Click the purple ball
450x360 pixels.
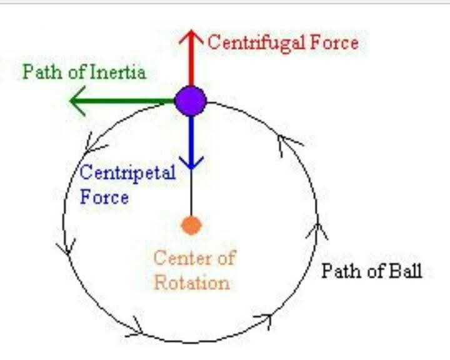(x=191, y=101)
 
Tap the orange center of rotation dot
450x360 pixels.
(x=191, y=226)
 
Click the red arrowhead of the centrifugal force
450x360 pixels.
(x=191, y=36)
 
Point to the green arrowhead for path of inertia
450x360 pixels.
(x=77, y=101)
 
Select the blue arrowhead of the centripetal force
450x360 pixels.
(x=191, y=162)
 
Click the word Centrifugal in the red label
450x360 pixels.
(x=256, y=43)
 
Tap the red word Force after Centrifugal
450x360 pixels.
(x=334, y=43)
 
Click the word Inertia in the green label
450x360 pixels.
(x=118, y=72)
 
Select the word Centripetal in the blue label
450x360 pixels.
(x=127, y=174)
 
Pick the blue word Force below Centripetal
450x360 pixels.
(x=104, y=197)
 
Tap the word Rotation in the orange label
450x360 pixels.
(x=192, y=282)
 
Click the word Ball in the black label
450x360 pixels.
(x=405, y=270)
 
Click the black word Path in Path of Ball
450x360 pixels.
(x=341, y=271)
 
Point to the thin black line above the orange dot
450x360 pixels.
(x=191, y=192)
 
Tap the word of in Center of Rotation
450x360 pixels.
(x=227, y=257)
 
